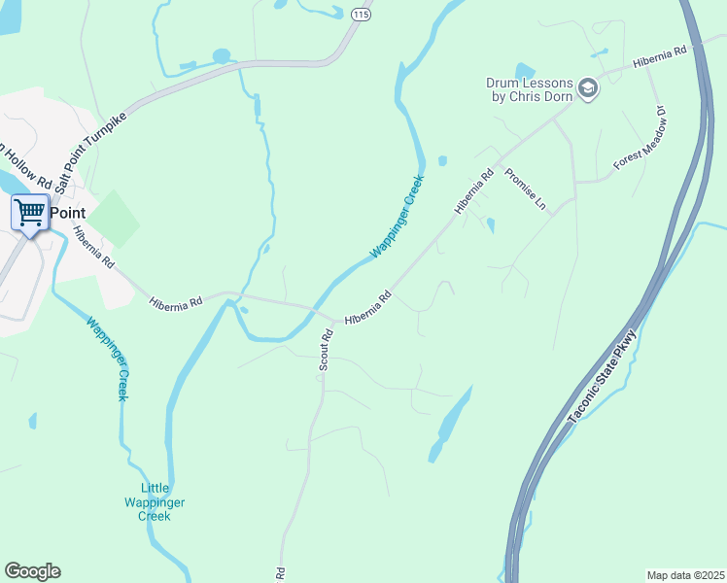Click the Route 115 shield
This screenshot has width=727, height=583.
(x=361, y=14)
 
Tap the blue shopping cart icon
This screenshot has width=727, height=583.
(x=30, y=211)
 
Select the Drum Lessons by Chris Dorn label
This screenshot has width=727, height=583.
(x=530, y=89)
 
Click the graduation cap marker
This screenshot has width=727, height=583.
(x=588, y=89)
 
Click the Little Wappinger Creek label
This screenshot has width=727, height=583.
(x=155, y=502)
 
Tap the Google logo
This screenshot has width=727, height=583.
(x=32, y=571)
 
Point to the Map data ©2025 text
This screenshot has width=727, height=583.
(x=685, y=574)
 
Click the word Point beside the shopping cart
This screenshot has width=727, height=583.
(x=68, y=213)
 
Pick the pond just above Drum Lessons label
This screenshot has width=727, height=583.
(x=525, y=70)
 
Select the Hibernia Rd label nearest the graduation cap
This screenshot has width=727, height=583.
(x=659, y=57)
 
